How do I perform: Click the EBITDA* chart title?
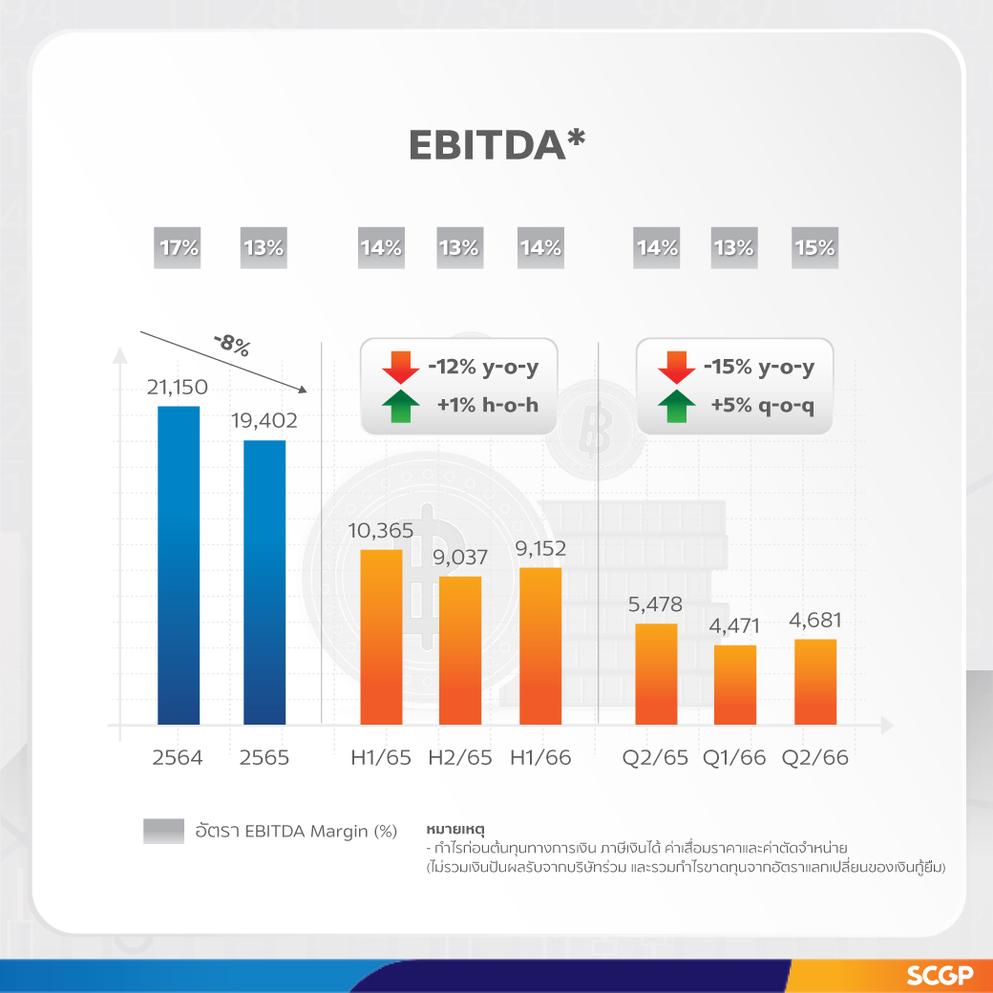click(496, 144)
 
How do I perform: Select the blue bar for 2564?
click(179, 564)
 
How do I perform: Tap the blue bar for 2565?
click(264, 581)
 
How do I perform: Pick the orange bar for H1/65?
click(381, 637)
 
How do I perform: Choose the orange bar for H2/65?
click(459, 650)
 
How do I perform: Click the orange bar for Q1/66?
click(735, 685)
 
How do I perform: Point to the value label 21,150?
click(177, 387)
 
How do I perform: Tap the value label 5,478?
click(655, 604)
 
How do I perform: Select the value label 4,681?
click(814, 621)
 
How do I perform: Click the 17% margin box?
click(178, 248)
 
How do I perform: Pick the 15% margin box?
click(813, 248)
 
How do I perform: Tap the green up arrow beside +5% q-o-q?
click(677, 406)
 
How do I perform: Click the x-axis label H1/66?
click(540, 758)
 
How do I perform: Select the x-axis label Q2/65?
click(655, 758)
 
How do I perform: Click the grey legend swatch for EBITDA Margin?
click(163, 831)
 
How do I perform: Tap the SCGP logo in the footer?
click(940, 976)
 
